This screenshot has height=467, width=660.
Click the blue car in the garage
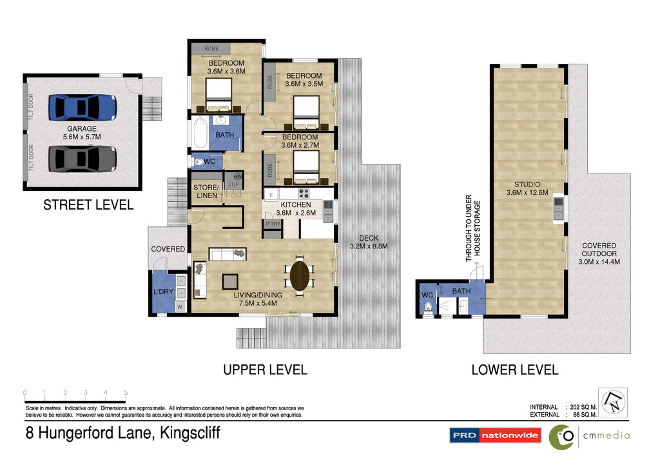point(83,107)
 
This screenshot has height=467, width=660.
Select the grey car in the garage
point(83,158)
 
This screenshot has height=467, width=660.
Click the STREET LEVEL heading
point(88,205)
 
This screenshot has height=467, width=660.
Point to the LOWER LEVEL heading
point(514,370)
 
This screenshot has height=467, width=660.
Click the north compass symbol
point(612,402)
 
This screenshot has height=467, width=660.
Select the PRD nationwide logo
point(495,435)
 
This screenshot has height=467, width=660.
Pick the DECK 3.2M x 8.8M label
point(368,242)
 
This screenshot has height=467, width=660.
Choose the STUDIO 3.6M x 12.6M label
point(527,188)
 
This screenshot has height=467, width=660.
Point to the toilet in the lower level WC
point(427,307)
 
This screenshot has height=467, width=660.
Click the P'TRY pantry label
point(271,224)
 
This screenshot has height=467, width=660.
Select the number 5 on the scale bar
point(126,393)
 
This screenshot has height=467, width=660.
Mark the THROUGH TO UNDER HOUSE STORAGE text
point(473,229)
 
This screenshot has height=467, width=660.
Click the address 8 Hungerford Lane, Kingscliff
point(122,433)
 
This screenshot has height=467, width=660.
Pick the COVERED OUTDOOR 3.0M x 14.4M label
point(599,253)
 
